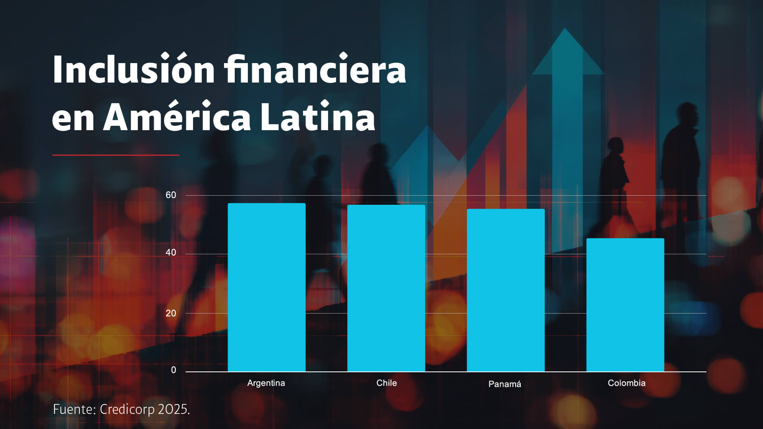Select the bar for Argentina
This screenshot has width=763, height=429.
pos(267,287)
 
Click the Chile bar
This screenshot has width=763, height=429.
pos(386,288)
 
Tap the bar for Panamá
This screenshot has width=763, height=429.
pos(506,290)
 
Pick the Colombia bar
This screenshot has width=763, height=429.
pos(625,305)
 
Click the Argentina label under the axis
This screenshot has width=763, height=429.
pos(266,383)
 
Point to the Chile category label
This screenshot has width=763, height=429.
pos(386,383)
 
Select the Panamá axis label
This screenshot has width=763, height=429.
pos(504,384)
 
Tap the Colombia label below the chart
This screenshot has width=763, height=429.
pos(626,383)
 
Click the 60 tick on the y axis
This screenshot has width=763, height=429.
pos(171,195)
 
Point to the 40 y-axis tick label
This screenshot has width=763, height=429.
pos(171,253)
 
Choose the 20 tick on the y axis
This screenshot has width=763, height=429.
pos(171,314)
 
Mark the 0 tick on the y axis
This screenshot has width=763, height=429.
pos(174,370)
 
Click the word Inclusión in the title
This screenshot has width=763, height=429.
pos(133,70)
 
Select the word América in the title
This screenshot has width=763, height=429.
pos(177,117)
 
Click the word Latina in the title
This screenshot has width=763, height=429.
pos(318,117)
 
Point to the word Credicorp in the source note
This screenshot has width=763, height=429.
pos(127,409)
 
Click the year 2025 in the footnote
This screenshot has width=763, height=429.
pos(173,409)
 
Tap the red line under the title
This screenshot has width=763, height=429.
pos(116,155)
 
